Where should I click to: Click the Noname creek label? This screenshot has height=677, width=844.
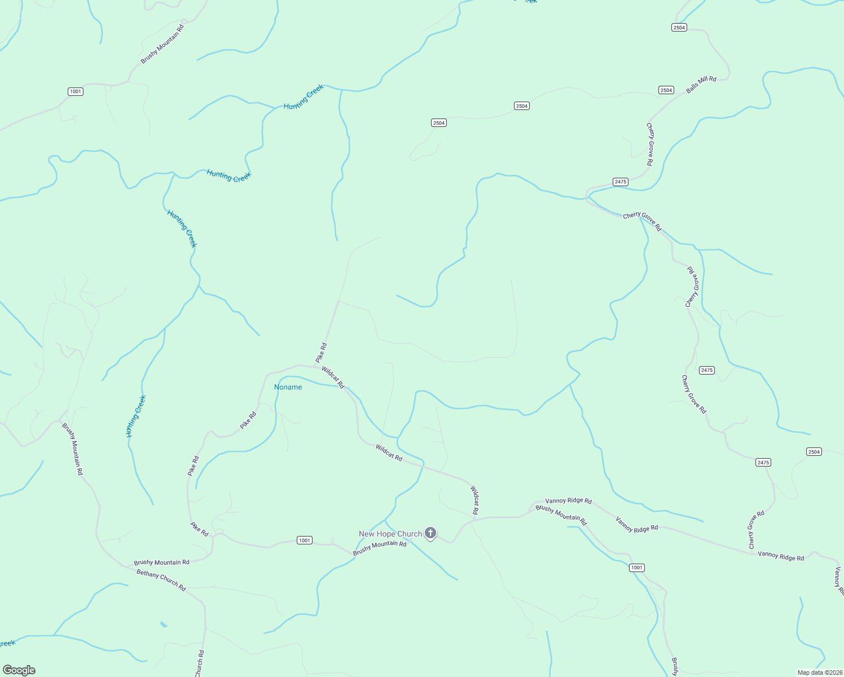pos(288,387)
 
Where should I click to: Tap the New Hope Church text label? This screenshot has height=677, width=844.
pos(390,534)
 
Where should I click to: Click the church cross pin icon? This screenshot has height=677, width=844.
pos(430,533)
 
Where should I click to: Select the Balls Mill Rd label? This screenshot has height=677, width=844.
pos(701,85)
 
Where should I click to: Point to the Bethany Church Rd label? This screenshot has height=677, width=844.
pos(161,580)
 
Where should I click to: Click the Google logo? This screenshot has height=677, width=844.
pos(19,670)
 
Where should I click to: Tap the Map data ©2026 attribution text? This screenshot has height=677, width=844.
pos(819,672)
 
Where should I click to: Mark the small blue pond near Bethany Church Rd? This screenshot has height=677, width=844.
pos(163,625)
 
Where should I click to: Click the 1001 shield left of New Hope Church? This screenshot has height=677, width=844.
pos(305,540)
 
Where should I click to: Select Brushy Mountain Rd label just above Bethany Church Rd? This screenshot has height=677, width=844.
pos(161,562)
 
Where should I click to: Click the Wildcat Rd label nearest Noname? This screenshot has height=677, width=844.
pos(333,377)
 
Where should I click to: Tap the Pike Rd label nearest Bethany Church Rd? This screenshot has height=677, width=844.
pos(199,529)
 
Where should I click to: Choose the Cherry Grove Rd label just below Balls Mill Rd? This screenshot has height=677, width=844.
pos(650,144)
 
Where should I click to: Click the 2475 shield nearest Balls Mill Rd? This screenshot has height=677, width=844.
pos(620,182)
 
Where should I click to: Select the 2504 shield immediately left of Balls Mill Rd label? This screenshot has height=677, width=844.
pos(666,90)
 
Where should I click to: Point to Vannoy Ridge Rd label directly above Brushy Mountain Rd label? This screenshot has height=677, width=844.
pos(568,501)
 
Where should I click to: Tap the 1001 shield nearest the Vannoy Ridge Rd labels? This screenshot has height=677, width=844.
pos(636,568)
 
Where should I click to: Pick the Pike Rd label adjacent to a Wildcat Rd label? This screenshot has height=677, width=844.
pos(321,353)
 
